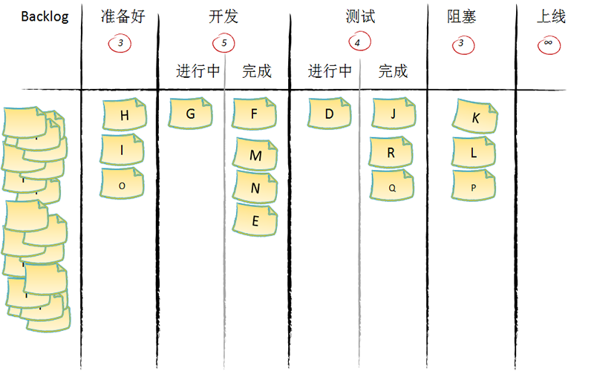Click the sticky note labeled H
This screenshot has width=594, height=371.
point(124,115)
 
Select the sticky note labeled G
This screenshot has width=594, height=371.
point(191,114)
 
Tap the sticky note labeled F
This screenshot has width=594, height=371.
point(254,114)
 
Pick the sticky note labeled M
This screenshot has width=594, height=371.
point(255,155)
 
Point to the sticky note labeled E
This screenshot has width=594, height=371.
point(255,220)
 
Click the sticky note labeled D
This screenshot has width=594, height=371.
point(330,114)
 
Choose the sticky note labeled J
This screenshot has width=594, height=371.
point(393,114)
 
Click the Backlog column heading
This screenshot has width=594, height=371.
point(45,17)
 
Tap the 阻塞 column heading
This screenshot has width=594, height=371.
point(462,17)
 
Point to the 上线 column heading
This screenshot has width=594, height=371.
point(551,17)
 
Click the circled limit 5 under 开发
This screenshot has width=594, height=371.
point(223,43)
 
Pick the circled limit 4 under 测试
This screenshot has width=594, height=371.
point(358,43)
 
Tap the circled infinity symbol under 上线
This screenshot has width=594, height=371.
point(548,43)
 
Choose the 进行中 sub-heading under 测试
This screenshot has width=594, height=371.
point(330,71)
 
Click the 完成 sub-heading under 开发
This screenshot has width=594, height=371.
point(257,71)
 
